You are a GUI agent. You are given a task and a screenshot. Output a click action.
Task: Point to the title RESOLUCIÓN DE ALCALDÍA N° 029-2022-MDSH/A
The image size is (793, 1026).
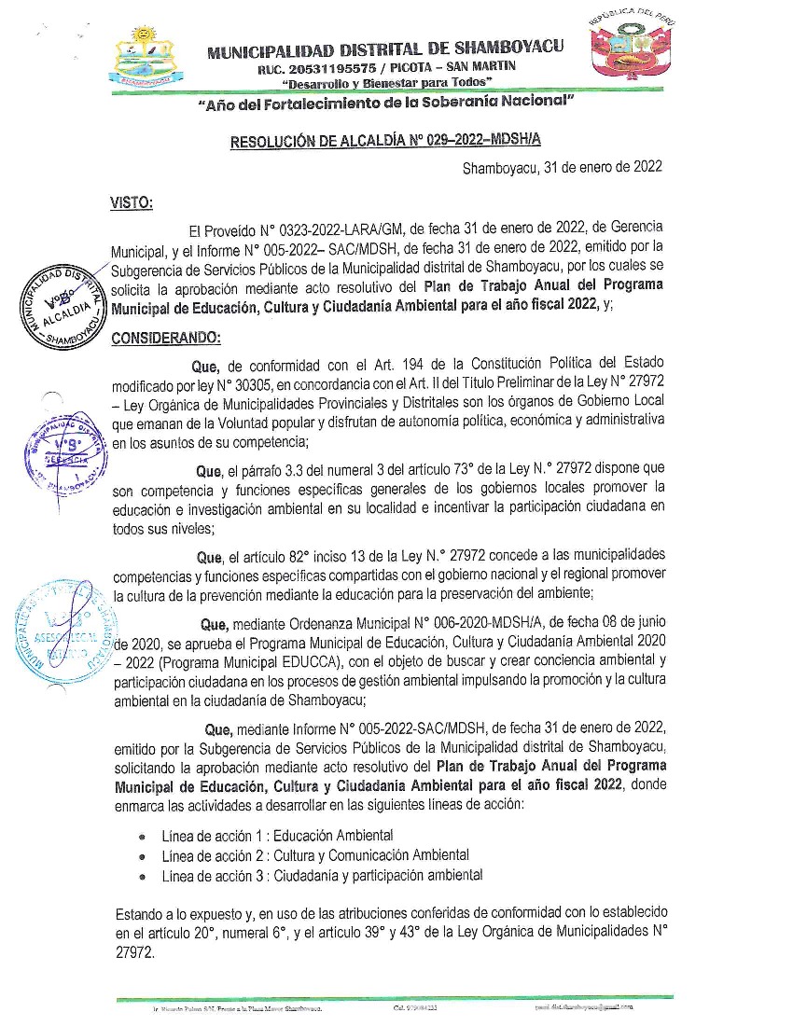pyautogui.click(x=385, y=142)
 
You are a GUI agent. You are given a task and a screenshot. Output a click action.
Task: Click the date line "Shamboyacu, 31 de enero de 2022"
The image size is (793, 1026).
pyautogui.click(x=563, y=168)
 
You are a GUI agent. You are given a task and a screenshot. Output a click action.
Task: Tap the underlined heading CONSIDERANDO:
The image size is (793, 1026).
pyautogui.click(x=166, y=337)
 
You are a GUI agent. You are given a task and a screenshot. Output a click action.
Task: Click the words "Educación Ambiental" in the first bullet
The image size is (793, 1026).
pyautogui.click(x=333, y=835)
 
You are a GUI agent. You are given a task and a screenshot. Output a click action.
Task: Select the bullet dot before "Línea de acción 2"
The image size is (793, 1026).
pyautogui.click(x=142, y=856)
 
